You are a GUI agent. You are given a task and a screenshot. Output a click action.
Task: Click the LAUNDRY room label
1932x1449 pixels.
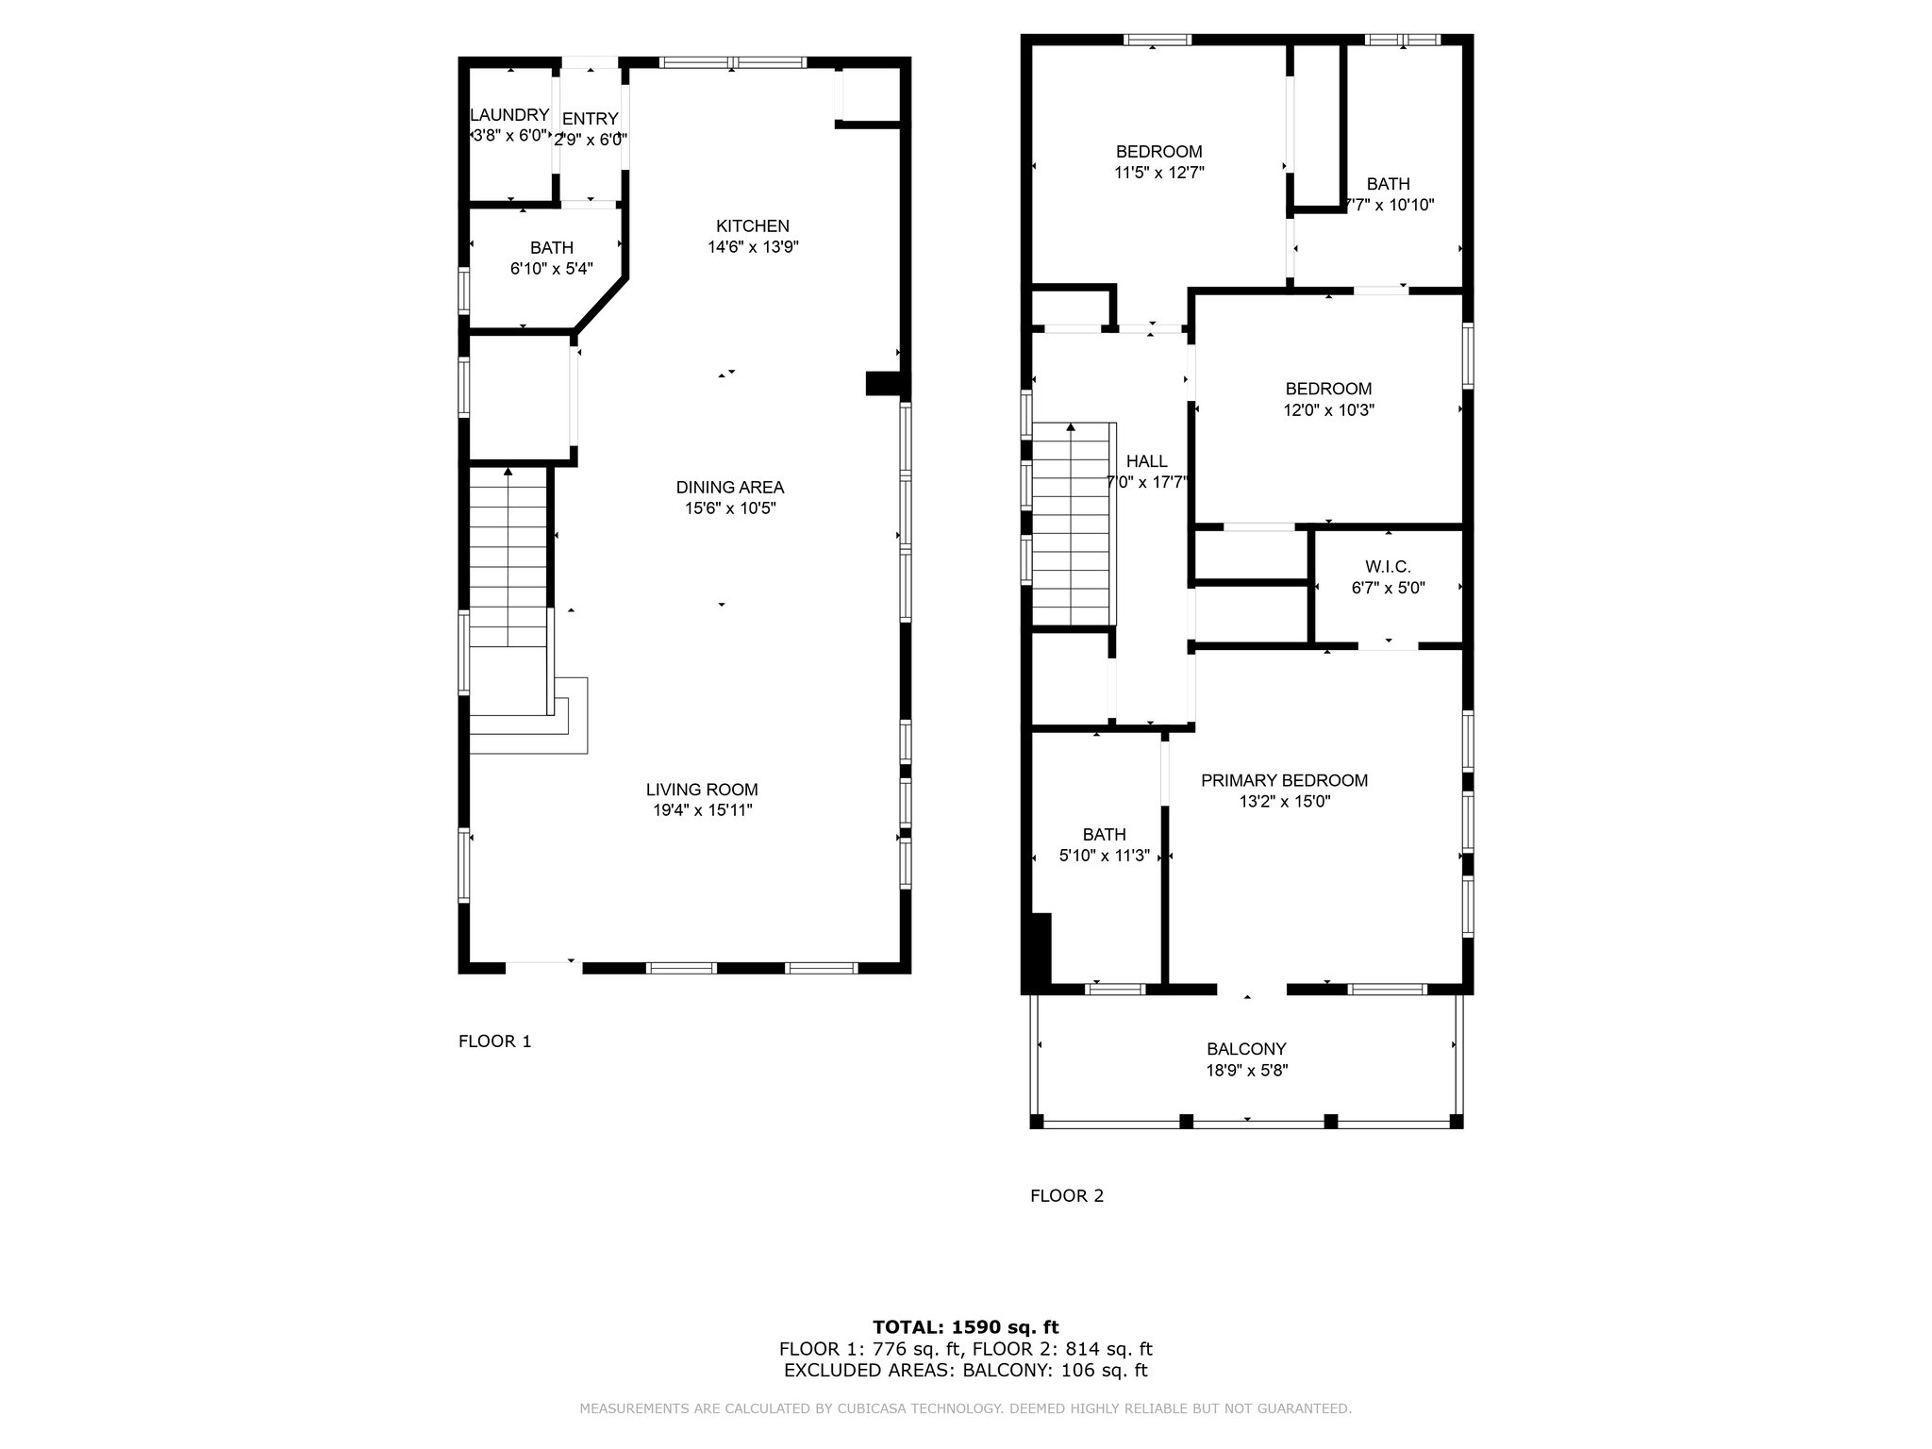tap(509, 115)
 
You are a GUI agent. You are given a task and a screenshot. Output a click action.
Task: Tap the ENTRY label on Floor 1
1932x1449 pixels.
tap(591, 119)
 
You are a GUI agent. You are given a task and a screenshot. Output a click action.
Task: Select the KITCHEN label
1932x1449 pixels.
tap(753, 226)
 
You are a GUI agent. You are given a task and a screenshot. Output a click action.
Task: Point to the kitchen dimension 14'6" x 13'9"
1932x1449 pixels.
tap(754, 247)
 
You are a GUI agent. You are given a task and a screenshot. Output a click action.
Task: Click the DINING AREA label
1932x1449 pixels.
tap(730, 488)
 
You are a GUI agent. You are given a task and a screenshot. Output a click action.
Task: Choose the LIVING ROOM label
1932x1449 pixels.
tap(702, 790)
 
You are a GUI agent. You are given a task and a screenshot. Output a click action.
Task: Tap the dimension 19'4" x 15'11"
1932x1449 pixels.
tap(703, 810)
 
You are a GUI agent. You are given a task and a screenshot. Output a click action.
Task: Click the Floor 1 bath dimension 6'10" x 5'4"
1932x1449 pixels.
tap(552, 268)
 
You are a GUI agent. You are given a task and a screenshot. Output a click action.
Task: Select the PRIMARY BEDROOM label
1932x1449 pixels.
tap(1284, 780)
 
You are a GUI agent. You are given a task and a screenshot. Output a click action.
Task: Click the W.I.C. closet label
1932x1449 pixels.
tap(1388, 567)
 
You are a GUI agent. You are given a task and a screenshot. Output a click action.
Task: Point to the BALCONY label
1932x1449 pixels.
tap(1246, 1049)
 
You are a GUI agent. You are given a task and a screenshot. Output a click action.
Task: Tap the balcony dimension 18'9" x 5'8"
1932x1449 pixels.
tap(1247, 1071)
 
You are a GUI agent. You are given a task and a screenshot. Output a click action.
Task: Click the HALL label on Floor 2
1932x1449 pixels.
tap(1147, 461)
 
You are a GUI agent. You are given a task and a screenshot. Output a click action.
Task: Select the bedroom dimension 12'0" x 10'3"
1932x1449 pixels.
tap(1328, 410)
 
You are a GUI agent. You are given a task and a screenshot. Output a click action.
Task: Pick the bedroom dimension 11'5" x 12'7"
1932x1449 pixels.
tap(1159, 173)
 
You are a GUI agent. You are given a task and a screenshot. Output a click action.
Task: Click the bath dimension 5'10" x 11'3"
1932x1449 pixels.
tap(1104, 857)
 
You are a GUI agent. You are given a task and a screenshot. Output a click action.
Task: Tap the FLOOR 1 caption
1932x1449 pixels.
tap(495, 1041)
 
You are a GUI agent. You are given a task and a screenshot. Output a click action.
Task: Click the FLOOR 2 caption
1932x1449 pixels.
tap(1067, 1196)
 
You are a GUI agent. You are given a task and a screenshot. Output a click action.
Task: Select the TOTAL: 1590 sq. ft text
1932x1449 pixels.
tap(966, 1328)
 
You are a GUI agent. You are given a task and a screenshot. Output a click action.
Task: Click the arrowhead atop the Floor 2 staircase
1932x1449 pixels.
tap(1071, 427)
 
